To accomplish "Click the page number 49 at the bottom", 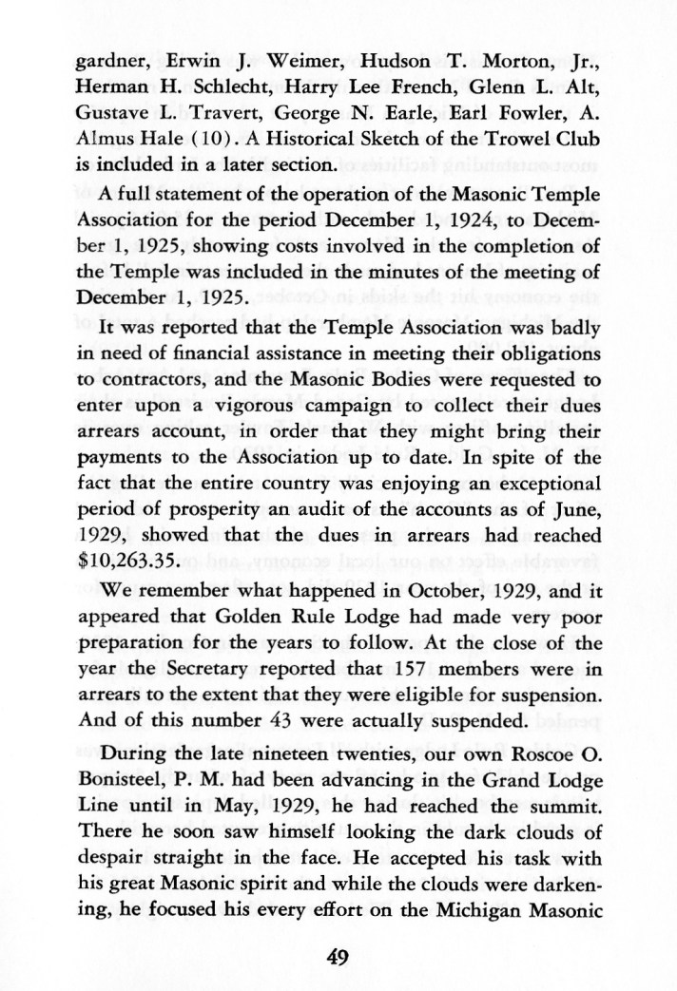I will point(338,957).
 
